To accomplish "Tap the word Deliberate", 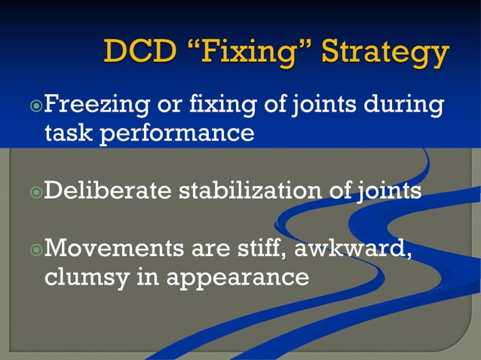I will click(x=108, y=190).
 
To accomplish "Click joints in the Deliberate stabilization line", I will click(x=387, y=190).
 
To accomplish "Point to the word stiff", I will click(x=257, y=246).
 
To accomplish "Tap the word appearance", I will click(x=237, y=278).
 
